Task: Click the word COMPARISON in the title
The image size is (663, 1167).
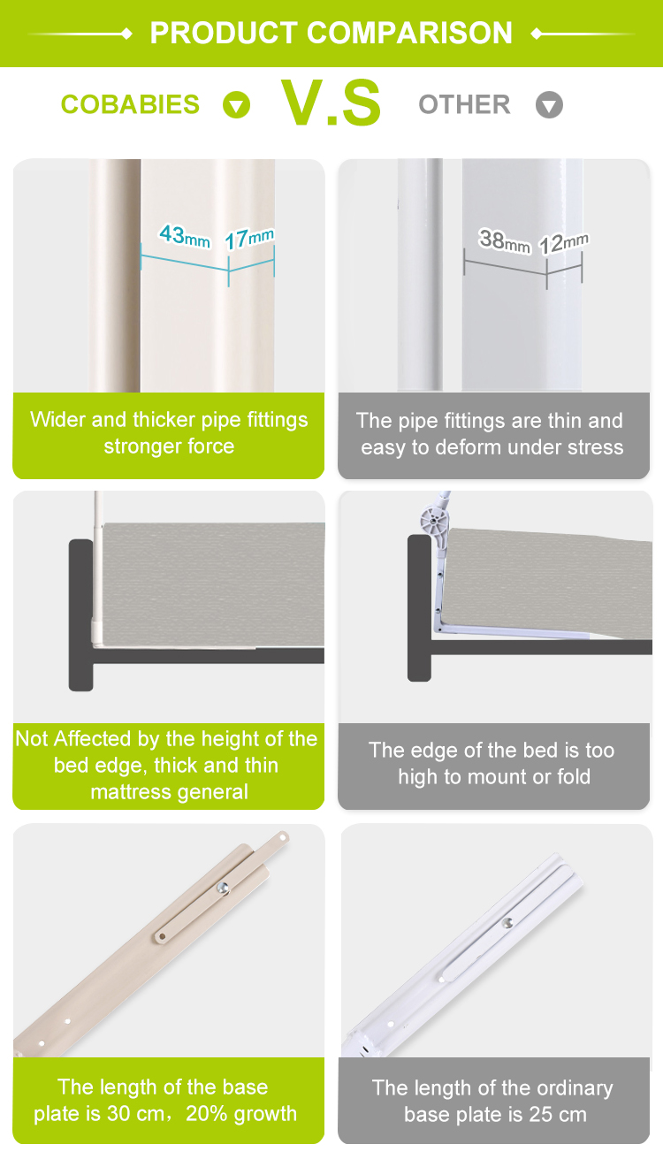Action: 409,33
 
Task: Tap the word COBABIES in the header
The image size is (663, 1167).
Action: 130,104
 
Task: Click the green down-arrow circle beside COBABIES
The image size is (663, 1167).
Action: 236,104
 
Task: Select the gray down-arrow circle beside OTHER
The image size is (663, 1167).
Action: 550,104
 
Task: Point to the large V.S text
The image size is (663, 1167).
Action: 331,103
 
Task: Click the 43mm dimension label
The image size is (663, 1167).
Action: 185,236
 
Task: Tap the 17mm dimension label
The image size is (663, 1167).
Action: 249,239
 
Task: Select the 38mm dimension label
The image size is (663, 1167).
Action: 505,241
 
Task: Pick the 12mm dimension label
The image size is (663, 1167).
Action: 563,243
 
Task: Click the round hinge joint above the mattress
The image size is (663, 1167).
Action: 433,521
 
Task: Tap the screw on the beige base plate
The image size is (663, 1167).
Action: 224,888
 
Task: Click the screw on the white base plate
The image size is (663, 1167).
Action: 507,923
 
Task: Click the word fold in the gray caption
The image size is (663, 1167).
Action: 574,777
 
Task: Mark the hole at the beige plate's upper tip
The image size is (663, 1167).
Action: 283,838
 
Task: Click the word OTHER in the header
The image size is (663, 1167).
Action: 465,104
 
